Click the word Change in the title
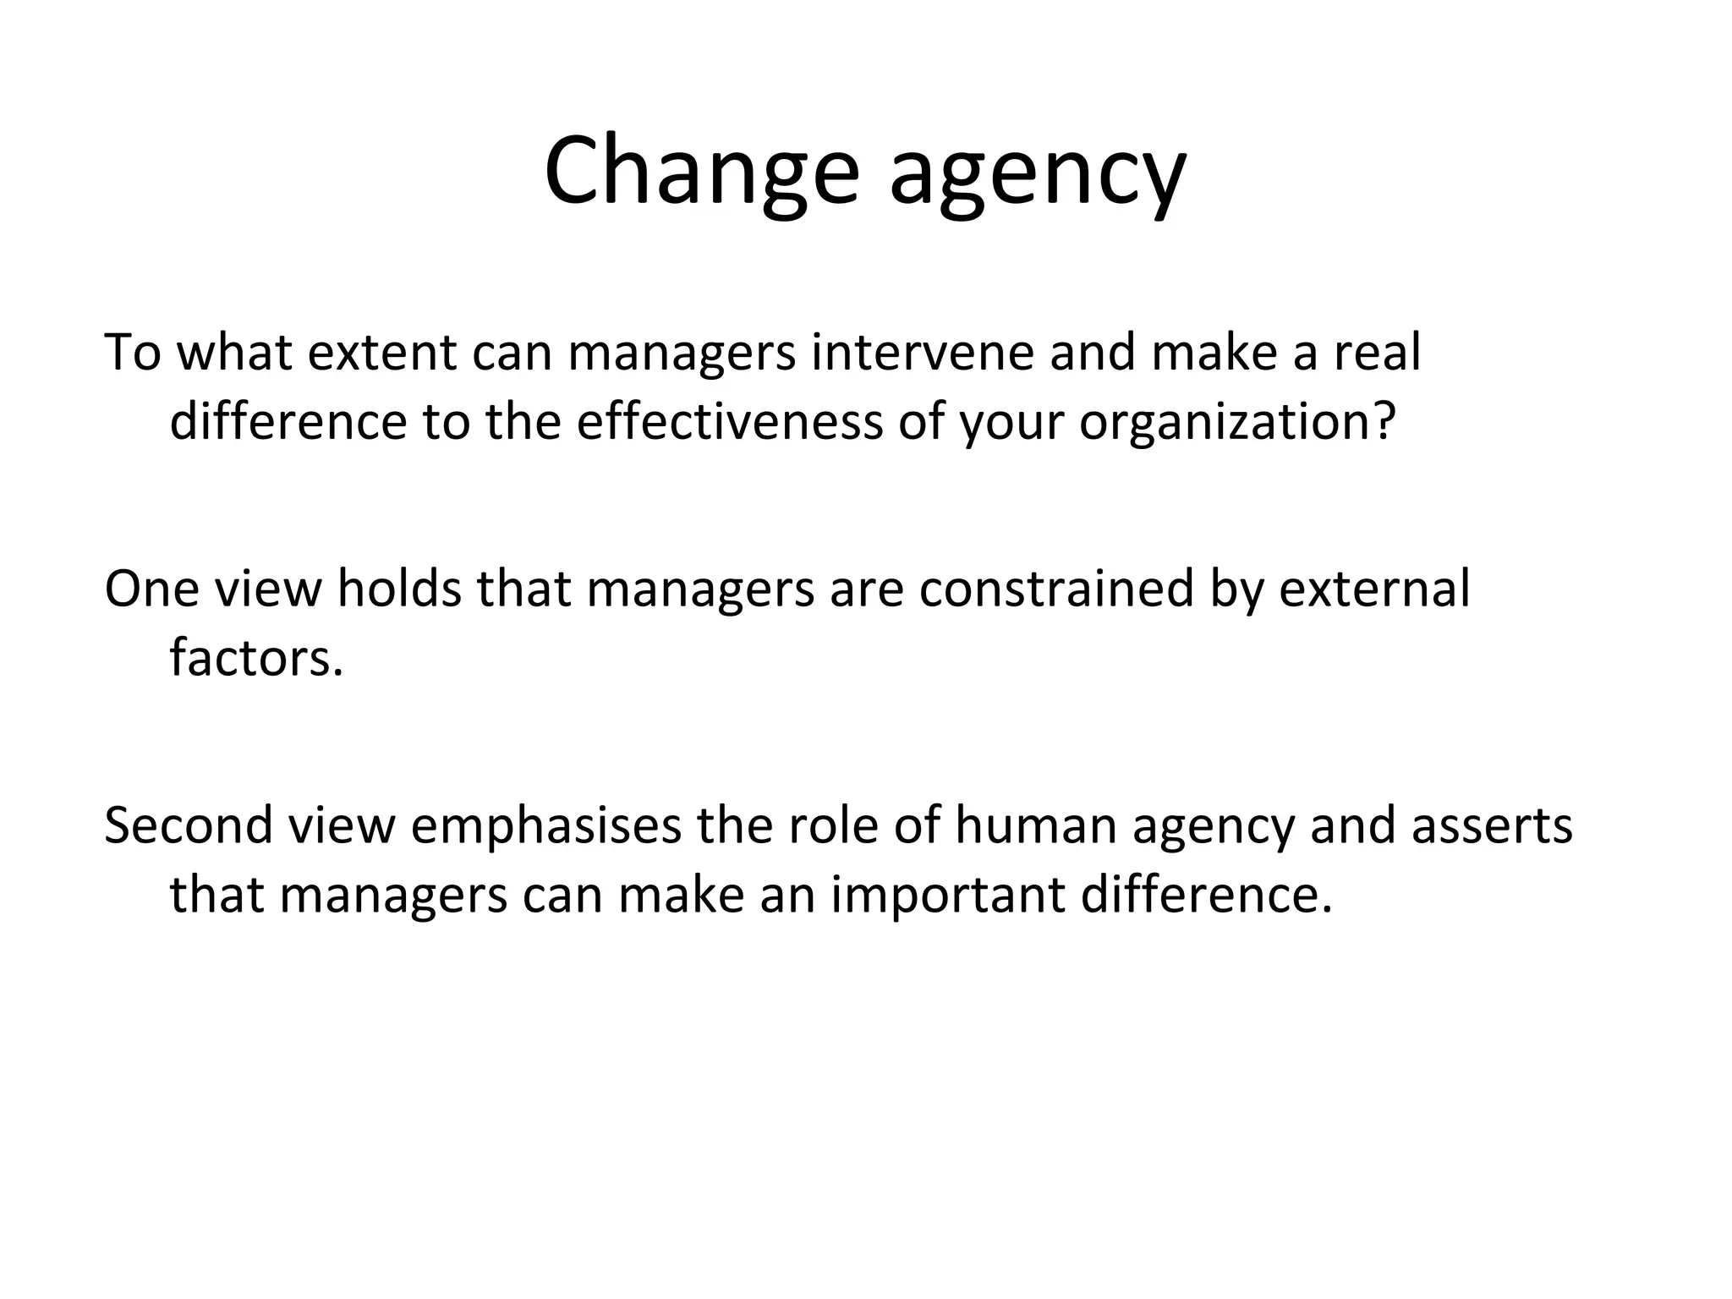tap(701, 172)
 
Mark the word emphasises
tap(546, 826)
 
